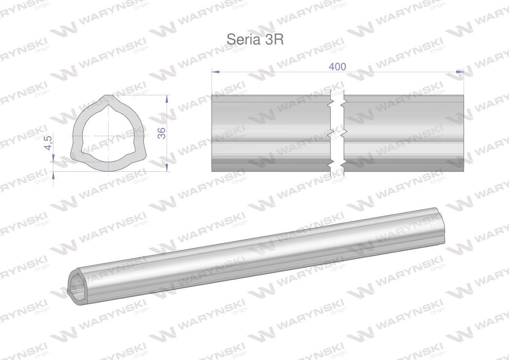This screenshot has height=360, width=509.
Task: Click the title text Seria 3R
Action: coord(255,39)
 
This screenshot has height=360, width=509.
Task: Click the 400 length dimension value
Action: coord(337,66)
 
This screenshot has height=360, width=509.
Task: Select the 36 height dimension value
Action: coord(161,133)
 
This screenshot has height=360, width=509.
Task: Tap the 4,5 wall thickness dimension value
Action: coord(48,142)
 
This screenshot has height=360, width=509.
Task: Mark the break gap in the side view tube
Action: coord(337,133)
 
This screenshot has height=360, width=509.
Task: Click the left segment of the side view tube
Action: coord(270,133)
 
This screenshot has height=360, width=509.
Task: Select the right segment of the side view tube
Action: coord(403,133)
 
